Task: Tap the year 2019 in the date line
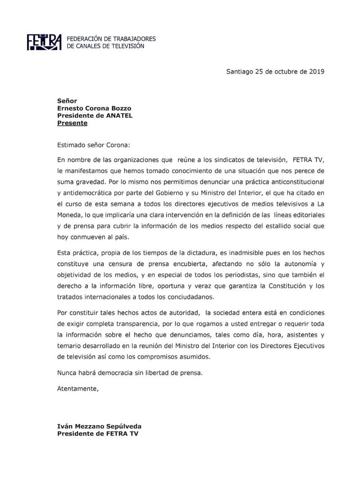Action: click(x=316, y=72)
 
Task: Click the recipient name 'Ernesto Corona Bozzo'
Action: click(x=94, y=108)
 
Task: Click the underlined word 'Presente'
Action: click(x=72, y=122)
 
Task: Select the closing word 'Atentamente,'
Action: click(x=77, y=388)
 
